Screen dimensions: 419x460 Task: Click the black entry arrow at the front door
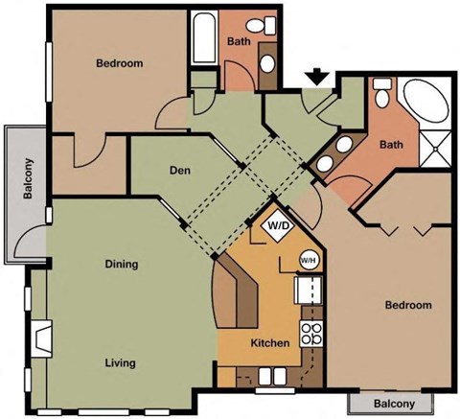318,78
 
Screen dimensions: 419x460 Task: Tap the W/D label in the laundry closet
278,226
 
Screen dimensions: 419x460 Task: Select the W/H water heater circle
309,259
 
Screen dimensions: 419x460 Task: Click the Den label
178,171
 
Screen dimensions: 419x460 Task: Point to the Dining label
121,264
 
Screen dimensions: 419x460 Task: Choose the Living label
120,363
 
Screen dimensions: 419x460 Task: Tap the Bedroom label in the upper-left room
120,64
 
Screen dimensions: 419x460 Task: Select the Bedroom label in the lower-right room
407,306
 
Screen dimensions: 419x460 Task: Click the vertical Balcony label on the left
29,178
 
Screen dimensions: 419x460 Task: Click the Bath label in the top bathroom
239,42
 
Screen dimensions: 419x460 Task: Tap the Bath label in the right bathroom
391,146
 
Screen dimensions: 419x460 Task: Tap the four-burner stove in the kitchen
311,334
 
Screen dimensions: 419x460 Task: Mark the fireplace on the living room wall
42,338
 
